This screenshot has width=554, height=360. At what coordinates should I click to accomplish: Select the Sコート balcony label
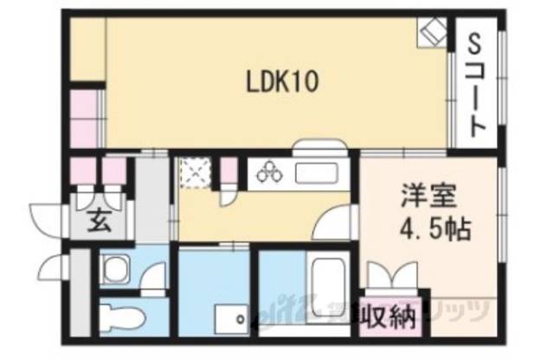[x=475, y=86]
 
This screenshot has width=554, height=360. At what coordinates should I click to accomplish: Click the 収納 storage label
[x=387, y=315]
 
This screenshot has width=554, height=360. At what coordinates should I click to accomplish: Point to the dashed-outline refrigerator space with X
[x=195, y=172]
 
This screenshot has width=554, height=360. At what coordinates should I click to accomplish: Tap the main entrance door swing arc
[x=46, y=216]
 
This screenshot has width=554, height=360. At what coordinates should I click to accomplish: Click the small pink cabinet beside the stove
[x=228, y=170]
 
